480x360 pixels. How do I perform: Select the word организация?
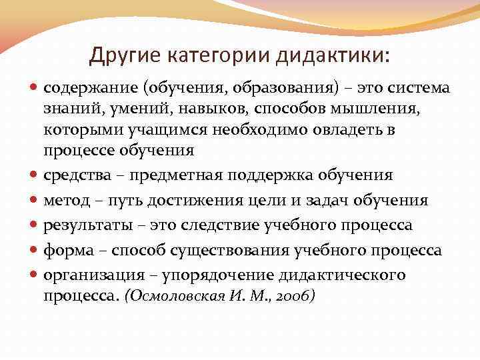click(x=88, y=275)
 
